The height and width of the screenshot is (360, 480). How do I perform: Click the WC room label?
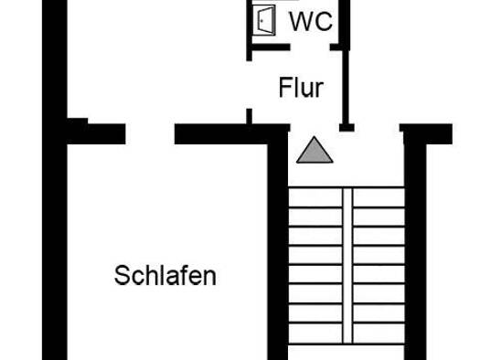point(311,21)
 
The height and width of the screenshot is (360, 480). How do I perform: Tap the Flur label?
point(301,88)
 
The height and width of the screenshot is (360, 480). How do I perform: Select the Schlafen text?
point(165,276)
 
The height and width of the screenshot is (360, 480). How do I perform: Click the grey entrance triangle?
point(315,150)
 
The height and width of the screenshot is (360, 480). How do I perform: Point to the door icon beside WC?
point(264,20)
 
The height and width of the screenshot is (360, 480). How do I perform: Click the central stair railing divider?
point(347,265)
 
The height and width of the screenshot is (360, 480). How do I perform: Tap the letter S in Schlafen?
point(122,276)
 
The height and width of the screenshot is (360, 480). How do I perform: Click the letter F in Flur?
point(284,88)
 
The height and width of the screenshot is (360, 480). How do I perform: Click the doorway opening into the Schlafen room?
point(150,134)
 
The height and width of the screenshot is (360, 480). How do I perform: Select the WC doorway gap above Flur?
point(310,48)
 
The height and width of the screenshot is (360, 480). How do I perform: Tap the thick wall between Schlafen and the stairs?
point(278,250)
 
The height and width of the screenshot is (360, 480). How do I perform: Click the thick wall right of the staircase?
point(415,250)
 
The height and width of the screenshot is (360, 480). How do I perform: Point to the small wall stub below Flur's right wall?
point(347,128)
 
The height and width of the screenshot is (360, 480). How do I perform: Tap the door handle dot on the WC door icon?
point(261,21)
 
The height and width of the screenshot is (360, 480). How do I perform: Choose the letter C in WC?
point(324,21)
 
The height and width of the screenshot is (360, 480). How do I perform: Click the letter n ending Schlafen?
point(210,279)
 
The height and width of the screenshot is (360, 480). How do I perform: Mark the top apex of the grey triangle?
point(315,136)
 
